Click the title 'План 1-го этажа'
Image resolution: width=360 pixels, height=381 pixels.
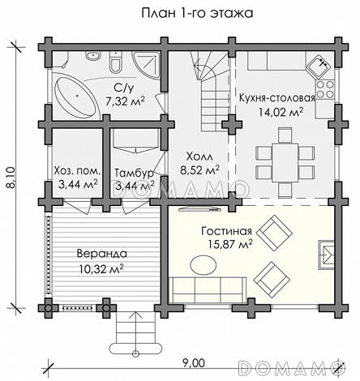click(197, 14)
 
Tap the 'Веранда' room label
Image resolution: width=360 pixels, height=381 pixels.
click(102, 254)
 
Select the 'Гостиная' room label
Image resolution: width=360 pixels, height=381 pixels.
click(226, 231)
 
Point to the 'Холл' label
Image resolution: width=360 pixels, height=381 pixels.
click(199, 156)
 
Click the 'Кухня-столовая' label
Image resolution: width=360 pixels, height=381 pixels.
click(277, 98)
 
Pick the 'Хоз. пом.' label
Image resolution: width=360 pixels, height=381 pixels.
click(78, 170)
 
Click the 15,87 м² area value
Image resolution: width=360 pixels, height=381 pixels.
click(230, 244)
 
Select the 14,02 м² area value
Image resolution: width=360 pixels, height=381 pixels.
click(281, 112)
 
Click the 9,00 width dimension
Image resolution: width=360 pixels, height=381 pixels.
click(193, 363)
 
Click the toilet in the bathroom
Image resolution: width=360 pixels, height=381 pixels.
click(116, 63)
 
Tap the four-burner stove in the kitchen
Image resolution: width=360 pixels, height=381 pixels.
click(324, 90)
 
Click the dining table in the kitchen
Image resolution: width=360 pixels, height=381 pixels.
click(285, 163)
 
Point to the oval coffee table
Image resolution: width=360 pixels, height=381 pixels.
click(204, 265)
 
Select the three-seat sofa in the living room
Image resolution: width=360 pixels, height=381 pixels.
click(208, 290)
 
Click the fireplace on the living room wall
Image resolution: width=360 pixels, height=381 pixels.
click(326, 255)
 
